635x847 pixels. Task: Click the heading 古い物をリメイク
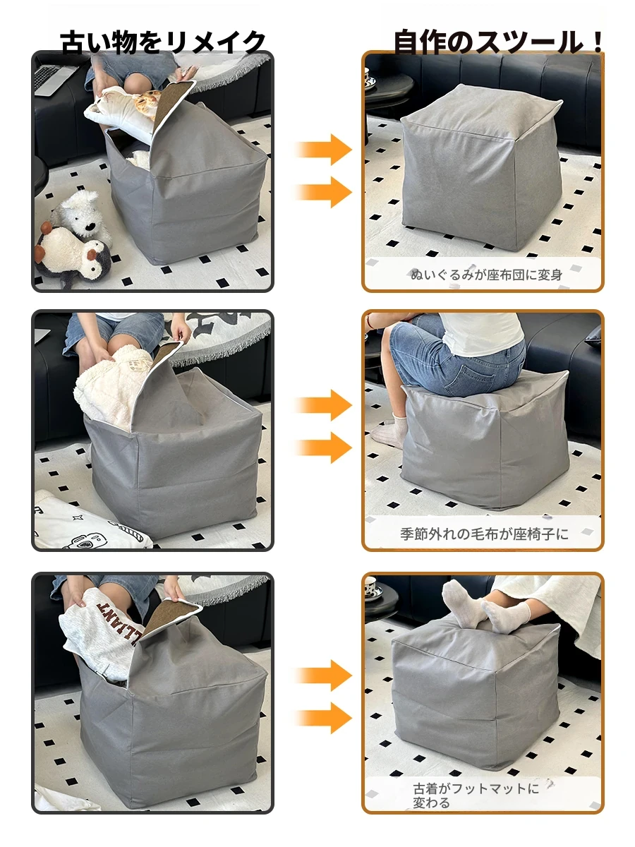[x=163, y=42]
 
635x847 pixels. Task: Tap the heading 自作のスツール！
[x=498, y=42]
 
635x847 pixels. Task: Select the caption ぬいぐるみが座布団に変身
[x=486, y=275]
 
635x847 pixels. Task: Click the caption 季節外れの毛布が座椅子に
[x=484, y=534]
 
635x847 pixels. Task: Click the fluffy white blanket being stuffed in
[x=111, y=386]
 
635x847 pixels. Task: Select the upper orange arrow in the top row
[x=323, y=150]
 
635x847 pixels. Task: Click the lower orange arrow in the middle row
[x=323, y=447]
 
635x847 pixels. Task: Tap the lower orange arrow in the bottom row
[x=323, y=718]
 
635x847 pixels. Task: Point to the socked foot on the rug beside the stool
[x=389, y=431]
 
